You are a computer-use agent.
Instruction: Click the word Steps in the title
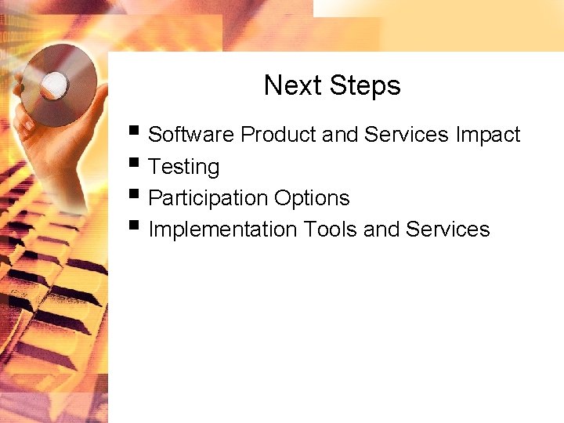[x=364, y=85]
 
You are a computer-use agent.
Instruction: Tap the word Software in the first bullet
[x=191, y=135]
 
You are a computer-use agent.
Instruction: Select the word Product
[x=279, y=135]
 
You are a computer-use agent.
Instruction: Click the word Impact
[x=488, y=135]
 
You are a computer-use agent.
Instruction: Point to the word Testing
[x=183, y=167]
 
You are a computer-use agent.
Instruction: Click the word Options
[x=312, y=198]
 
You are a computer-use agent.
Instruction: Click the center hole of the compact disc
[x=55, y=82]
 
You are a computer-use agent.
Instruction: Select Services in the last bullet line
[x=448, y=230]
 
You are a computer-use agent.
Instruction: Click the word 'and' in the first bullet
[x=340, y=135]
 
